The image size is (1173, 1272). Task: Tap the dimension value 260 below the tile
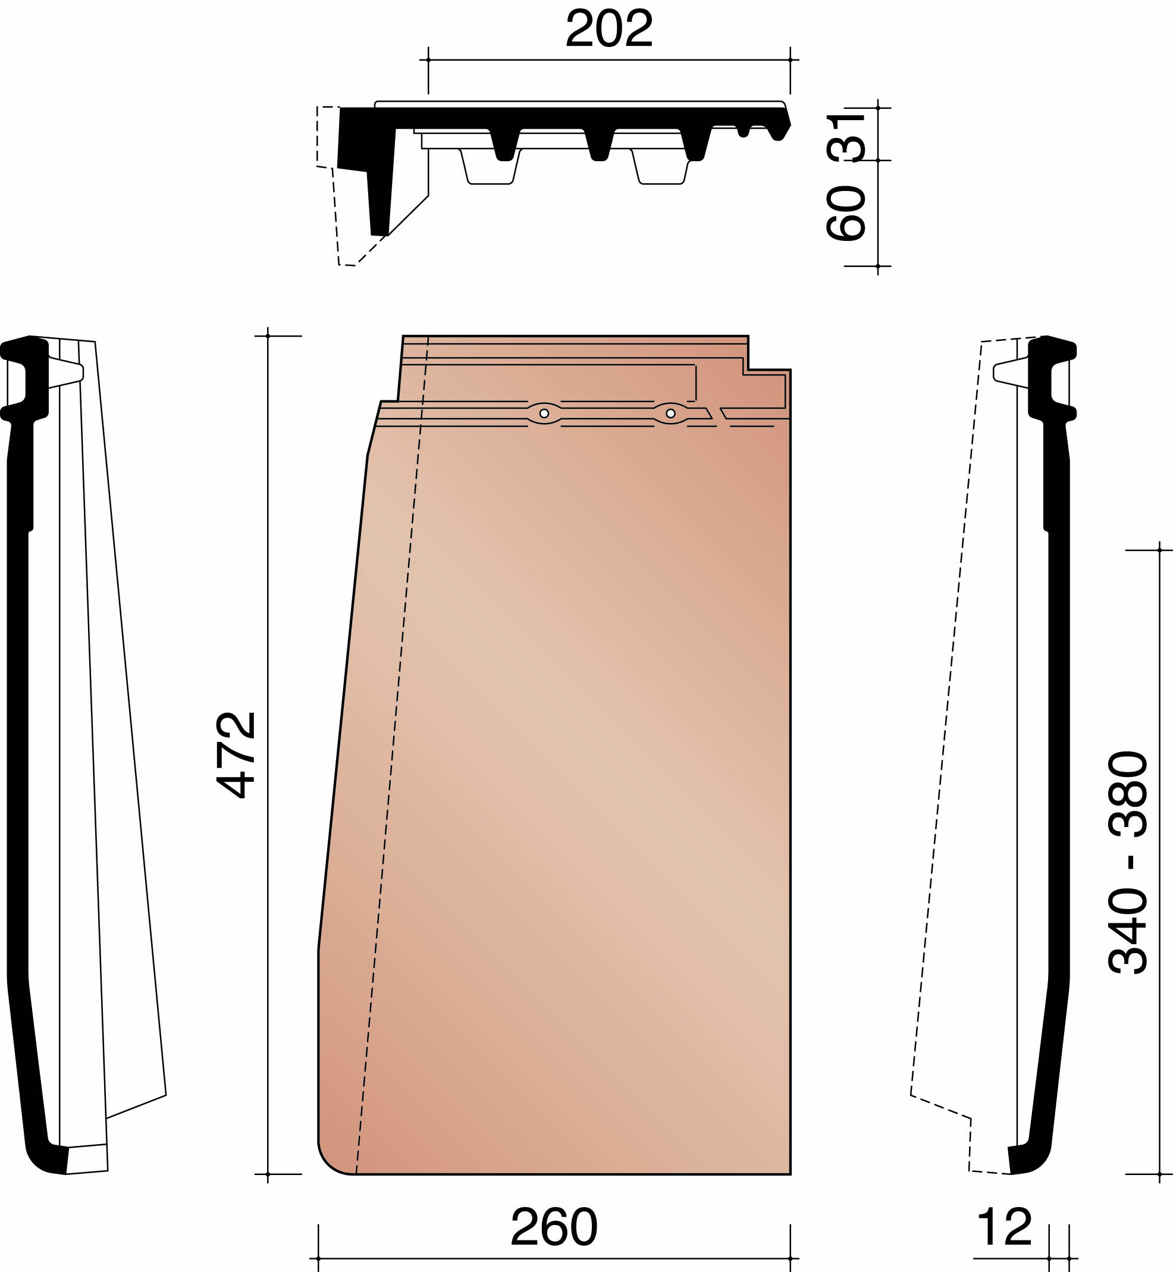554,1226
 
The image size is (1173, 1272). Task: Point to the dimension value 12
1004,1226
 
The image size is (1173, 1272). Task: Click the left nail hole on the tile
544,414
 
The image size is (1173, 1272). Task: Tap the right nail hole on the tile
670,414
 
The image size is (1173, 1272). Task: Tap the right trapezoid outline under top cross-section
661,169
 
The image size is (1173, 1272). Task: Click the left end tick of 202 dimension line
428,60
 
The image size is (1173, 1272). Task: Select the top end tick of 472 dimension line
268,336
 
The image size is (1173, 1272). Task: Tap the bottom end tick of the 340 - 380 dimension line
1160,1174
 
